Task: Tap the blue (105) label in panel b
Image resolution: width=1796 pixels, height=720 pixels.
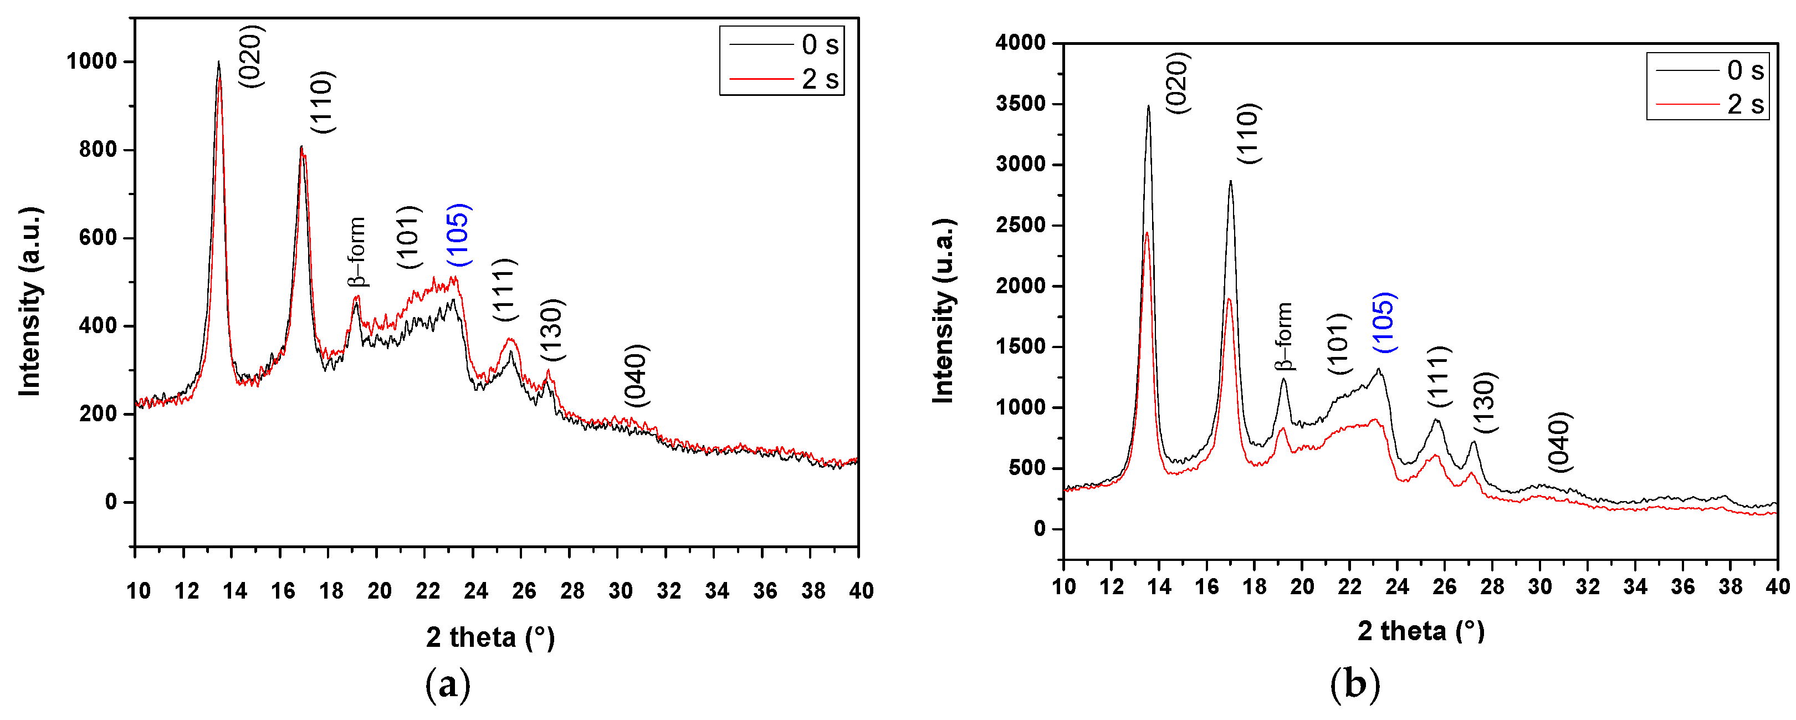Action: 1383,323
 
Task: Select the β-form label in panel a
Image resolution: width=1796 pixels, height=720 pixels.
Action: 356,252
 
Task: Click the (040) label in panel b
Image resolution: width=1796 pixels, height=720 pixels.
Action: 1559,442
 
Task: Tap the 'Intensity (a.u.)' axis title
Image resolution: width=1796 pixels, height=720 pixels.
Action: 30,302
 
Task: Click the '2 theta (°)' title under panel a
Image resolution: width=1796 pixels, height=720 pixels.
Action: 490,637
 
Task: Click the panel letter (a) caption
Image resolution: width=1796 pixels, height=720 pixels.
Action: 448,686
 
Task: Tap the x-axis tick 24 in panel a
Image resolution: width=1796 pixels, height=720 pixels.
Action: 476,591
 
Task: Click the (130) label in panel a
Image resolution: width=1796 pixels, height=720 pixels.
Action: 552,329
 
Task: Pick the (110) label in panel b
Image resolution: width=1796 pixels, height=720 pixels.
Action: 1248,133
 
